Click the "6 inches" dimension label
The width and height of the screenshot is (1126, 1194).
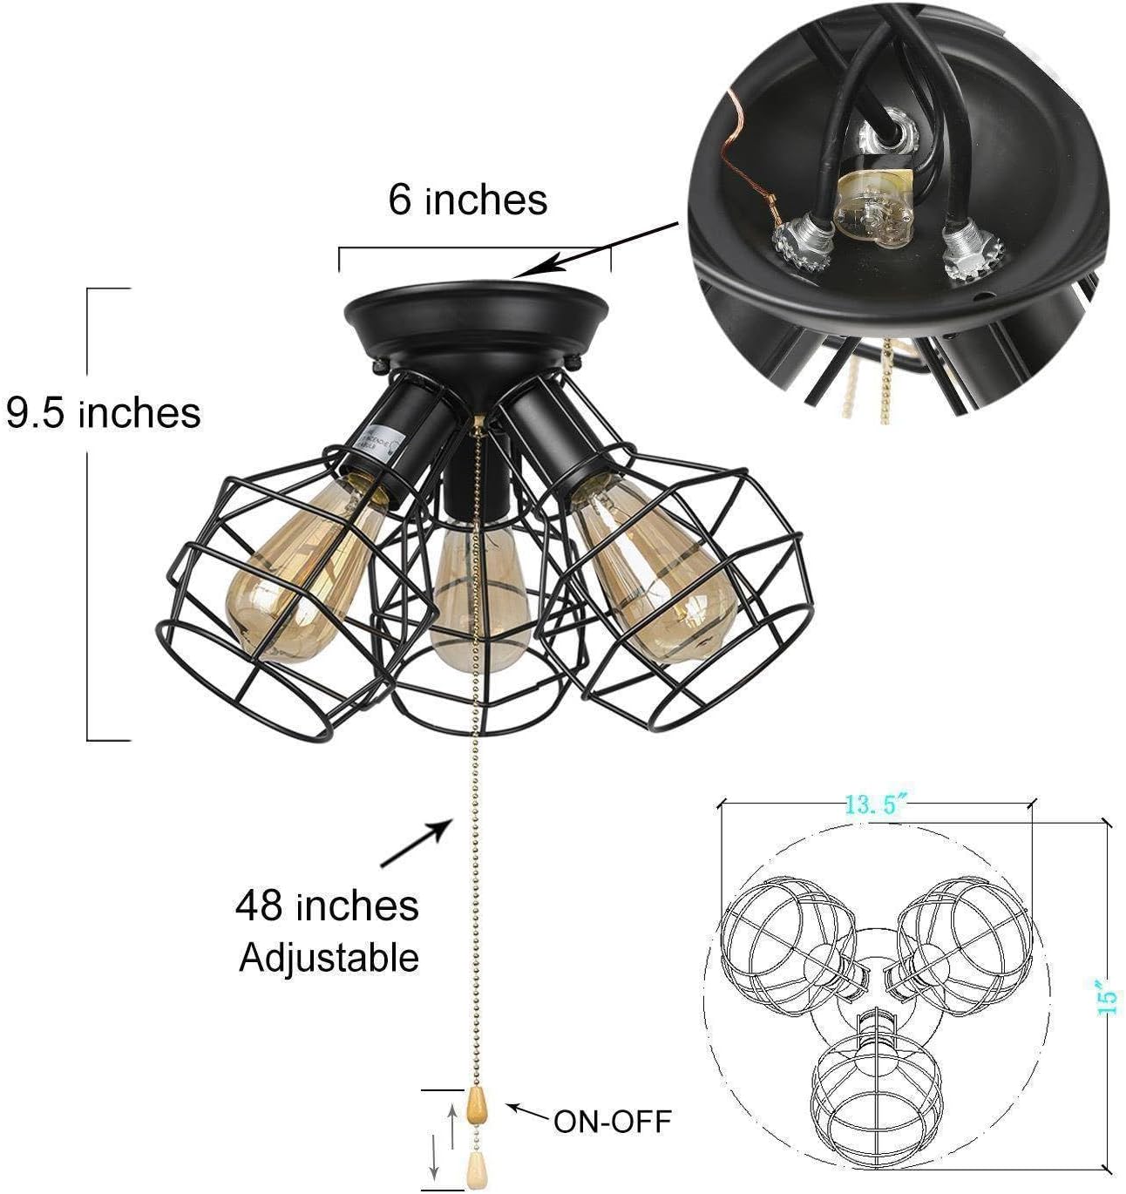468,200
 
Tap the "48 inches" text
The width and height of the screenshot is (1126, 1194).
327,906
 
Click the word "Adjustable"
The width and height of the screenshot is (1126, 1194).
329,957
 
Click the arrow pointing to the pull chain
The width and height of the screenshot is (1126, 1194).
417,844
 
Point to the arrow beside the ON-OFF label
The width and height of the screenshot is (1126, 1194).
527,1111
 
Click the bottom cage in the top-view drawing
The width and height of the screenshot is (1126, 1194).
877,1089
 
